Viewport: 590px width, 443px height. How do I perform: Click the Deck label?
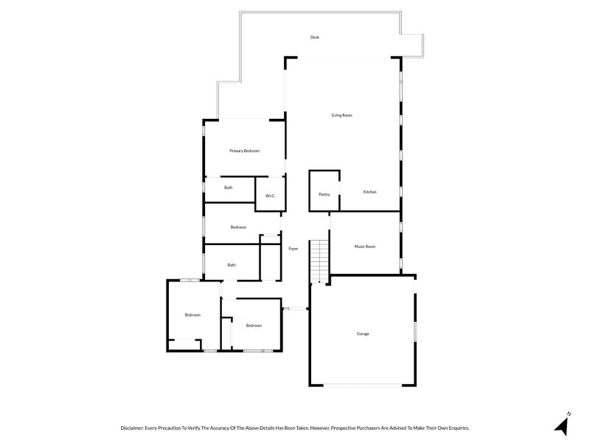tap(314, 37)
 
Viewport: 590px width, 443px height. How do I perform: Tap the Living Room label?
tap(341, 115)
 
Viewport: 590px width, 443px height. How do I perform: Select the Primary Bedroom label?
tap(244, 151)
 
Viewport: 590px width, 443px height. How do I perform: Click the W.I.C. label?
tap(270, 196)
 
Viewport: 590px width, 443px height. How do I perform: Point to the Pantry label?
tap(324, 194)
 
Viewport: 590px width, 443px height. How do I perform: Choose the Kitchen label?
tap(369, 192)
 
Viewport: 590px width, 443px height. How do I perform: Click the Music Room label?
tap(365, 247)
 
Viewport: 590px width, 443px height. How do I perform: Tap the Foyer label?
tap(293, 249)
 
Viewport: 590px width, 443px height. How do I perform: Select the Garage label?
tap(362, 334)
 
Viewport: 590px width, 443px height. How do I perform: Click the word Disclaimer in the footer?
tap(135, 427)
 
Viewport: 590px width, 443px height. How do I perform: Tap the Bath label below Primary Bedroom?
tap(229, 188)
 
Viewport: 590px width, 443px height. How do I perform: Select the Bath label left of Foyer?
tap(232, 265)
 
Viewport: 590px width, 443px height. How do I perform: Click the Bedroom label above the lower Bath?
tap(238, 227)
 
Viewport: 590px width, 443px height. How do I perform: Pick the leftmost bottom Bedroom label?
tap(192, 315)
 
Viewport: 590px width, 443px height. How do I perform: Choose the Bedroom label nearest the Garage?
tap(254, 326)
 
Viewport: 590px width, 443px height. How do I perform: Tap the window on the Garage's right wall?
tap(415, 331)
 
